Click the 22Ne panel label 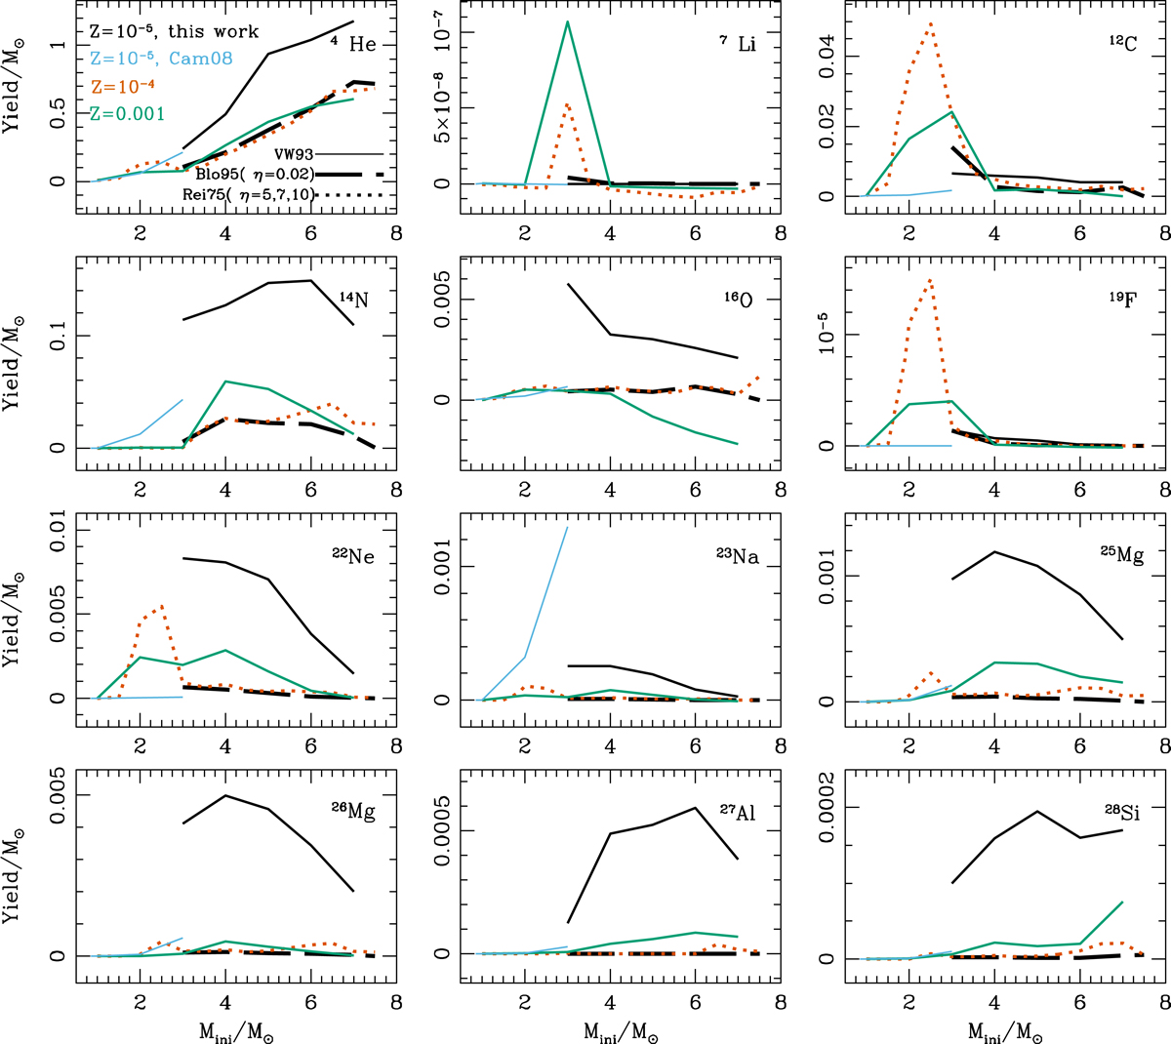pyautogui.click(x=352, y=556)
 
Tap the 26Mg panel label pyautogui.click(x=352, y=812)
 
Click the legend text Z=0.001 pyautogui.click(x=127, y=114)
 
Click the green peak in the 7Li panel pyautogui.click(x=567, y=21)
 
